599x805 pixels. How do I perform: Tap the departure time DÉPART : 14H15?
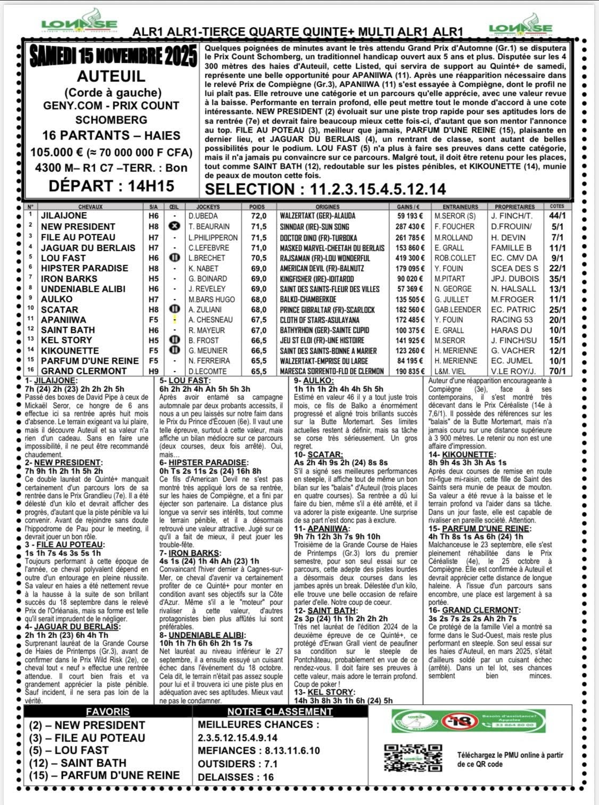click(111, 186)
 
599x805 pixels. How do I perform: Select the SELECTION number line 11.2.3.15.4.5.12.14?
click(325, 189)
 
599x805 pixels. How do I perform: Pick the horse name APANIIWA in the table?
click(63, 320)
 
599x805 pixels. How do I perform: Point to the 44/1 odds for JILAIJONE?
click(557, 216)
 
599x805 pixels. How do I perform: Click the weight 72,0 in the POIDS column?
click(259, 216)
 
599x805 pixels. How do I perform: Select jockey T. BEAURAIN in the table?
click(209, 226)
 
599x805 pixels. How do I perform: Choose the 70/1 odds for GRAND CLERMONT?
click(557, 371)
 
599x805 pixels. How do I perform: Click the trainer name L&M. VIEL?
click(450, 371)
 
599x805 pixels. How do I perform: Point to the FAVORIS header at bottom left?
click(108, 712)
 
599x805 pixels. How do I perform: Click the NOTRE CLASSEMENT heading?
click(280, 712)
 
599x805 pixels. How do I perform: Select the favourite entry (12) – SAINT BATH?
click(78, 763)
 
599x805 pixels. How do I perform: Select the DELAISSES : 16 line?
click(235, 777)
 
